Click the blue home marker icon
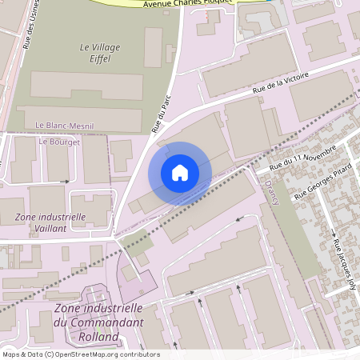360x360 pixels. click(179, 173)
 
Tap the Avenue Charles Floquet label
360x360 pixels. click(187, 3)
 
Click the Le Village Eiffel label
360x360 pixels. click(100, 53)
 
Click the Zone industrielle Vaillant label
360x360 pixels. click(50, 222)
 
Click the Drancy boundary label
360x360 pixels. click(269, 192)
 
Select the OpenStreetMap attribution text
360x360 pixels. click(80, 354)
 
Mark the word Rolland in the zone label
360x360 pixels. click(98, 336)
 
